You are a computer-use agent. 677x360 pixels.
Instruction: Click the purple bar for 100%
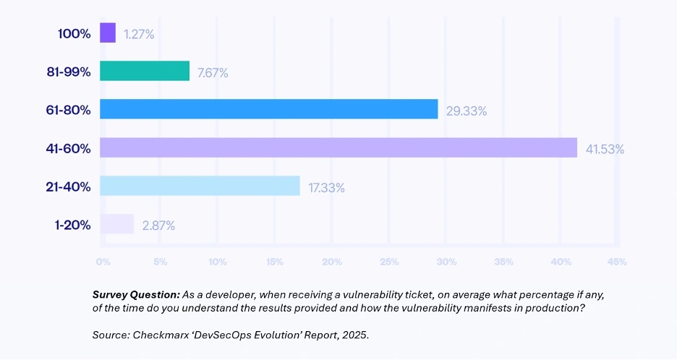(108, 33)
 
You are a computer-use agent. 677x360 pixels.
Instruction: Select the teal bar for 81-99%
(145, 71)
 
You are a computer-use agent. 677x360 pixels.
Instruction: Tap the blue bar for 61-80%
(268, 109)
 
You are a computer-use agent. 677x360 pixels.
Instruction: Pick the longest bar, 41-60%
(338, 147)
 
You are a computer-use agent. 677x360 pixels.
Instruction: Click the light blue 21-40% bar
(200, 186)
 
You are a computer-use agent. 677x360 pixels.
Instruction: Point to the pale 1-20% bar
(116, 224)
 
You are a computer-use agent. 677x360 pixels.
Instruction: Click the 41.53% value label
(605, 149)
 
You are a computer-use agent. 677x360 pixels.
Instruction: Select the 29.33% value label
(466, 111)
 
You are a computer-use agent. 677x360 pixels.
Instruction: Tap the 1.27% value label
(138, 34)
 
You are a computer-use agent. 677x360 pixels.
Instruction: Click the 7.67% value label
(213, 72)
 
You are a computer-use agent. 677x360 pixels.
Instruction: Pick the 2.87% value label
(158, 226)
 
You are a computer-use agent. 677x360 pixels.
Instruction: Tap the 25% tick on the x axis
(388, 260)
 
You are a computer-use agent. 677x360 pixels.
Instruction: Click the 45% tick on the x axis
(617, 260)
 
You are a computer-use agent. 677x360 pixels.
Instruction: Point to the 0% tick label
(103, 260)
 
